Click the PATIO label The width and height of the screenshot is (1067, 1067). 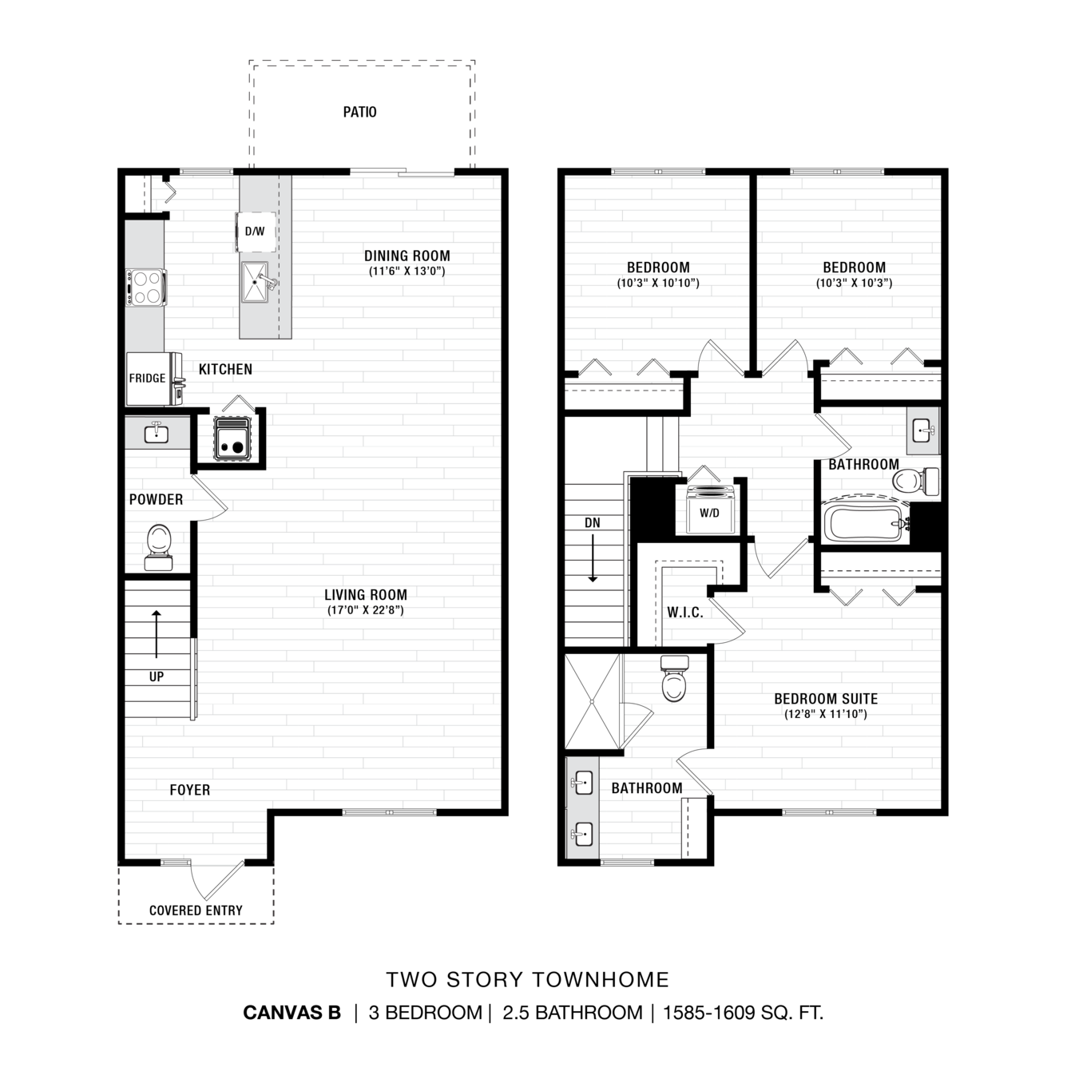(x=360, y=112)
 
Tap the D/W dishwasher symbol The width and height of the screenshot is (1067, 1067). (x=256, y=232)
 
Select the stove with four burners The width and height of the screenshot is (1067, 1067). (x=145, y=288)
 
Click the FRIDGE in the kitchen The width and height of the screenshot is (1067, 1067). (x=148, y=379)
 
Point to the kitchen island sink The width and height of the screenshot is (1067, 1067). (x=256, y=283)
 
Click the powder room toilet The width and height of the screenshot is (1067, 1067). (x=158, y=547)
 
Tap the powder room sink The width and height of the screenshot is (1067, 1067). (x=157, y=432)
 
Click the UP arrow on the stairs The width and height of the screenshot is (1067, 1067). (x=157, y=634)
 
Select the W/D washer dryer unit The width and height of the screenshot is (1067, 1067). (x=711, y=509)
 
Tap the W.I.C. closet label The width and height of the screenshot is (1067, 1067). (x=685, y=613)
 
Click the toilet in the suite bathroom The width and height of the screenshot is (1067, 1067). (x=674, y=678)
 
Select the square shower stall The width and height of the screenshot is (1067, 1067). (x=592, y=701)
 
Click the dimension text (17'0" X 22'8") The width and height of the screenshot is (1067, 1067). (x=366, y=610)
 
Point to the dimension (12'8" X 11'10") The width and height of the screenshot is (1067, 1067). (x=826, y=714)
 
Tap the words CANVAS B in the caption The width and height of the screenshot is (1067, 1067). (x=292, y=1013)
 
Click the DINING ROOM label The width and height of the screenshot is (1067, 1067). (x=407, y=256)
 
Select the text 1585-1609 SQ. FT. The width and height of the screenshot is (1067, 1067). (x=743, y=1013)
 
